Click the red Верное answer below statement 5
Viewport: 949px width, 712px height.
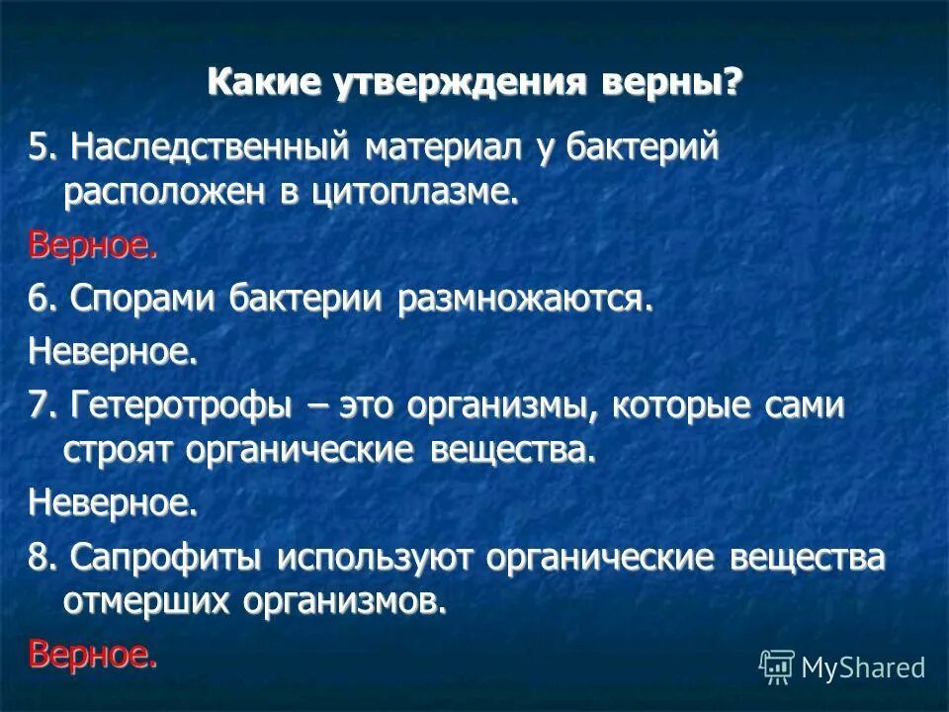point(92,244)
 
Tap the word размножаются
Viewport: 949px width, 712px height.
point(526,298)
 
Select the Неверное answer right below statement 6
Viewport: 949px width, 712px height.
point(113,350)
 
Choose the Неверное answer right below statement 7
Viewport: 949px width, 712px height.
point(113,503)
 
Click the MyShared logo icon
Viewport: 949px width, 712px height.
point(776,667)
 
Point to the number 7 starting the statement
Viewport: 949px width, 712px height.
point(38,405)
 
